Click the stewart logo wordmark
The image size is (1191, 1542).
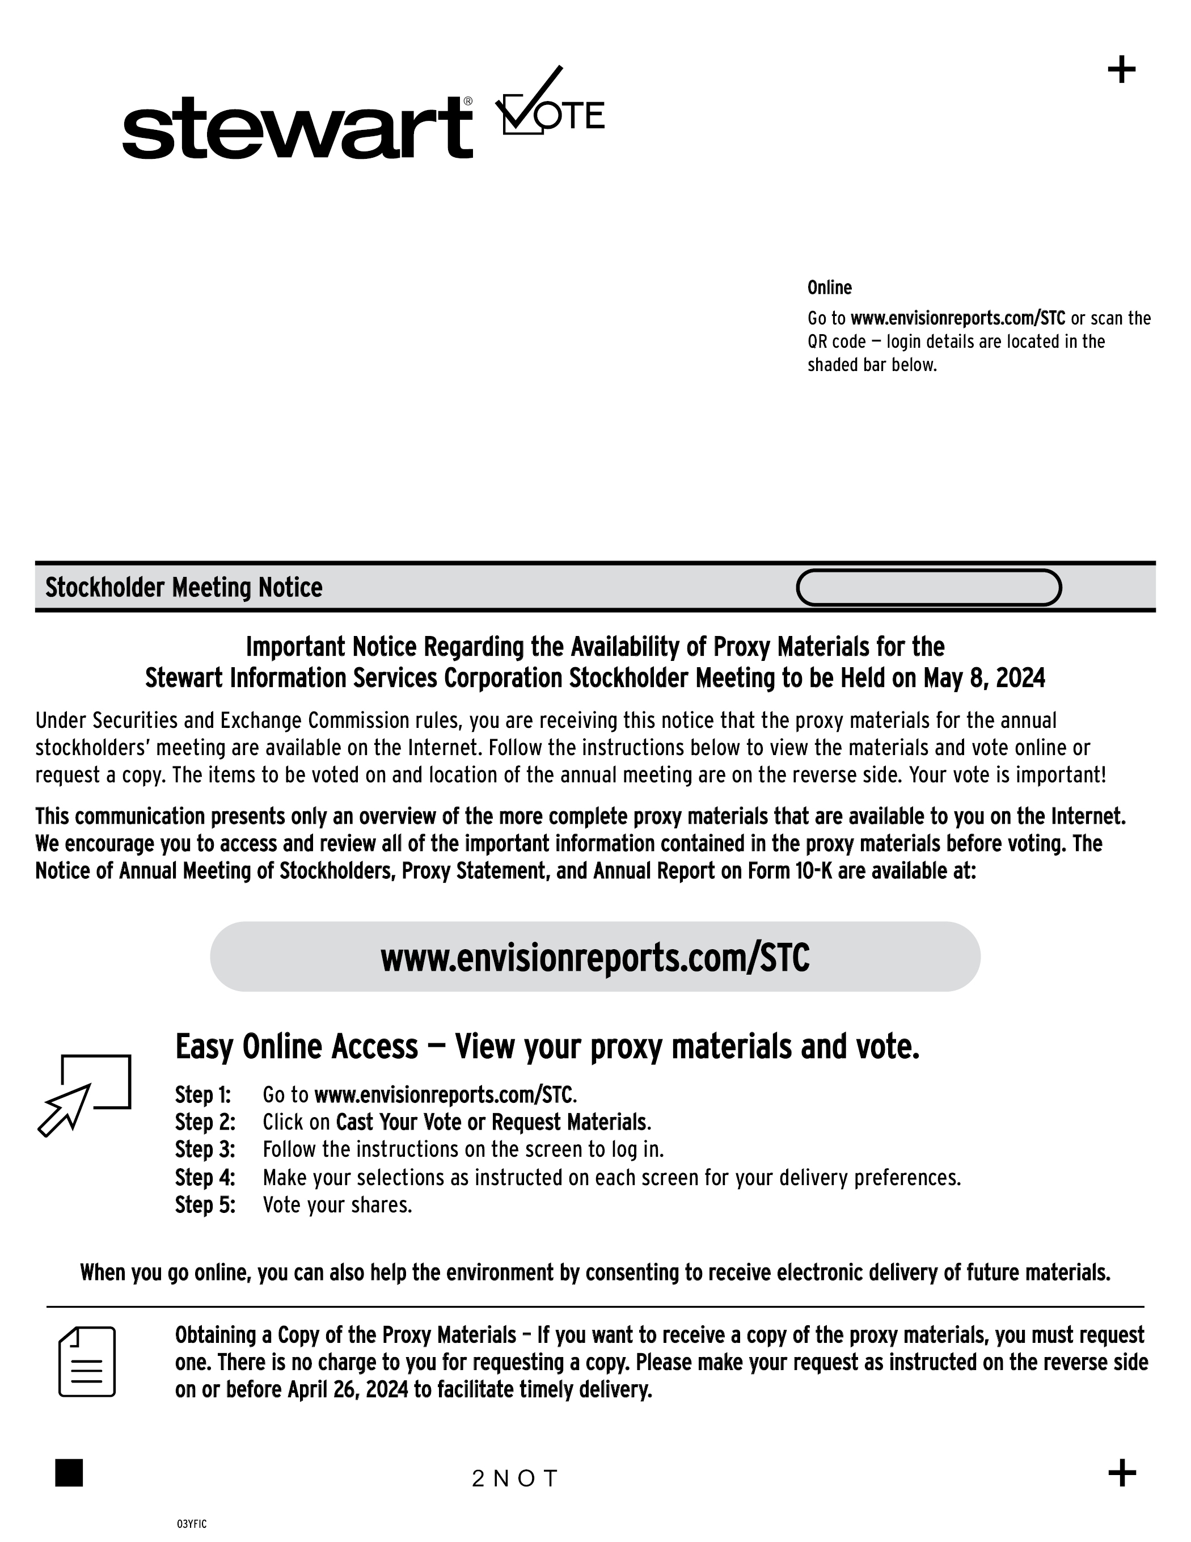click(x=297, y=128)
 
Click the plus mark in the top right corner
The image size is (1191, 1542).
click(x=1121, y=70)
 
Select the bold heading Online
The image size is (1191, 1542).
click(x=830, y=288)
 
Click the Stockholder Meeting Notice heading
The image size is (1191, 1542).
click(x=184, y=587)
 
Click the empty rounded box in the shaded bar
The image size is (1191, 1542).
click(x=928, y=587)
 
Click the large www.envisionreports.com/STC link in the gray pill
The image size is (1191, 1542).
click(x=594, y=958)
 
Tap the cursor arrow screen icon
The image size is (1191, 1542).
click(x=84, y=1094)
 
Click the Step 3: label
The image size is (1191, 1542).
click(x=205, y=1149)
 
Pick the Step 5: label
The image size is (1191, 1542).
click(x=205, y=1204)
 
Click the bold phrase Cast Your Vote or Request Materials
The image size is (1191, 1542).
click(x=491, y=1122)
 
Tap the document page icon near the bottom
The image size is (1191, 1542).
click(x=87, y=1361)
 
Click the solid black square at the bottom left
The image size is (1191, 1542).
click(x=69, y=1473)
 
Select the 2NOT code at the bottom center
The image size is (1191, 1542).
click(x=516, y=1478)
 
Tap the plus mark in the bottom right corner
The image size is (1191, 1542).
click(x=1122, y=1473)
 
